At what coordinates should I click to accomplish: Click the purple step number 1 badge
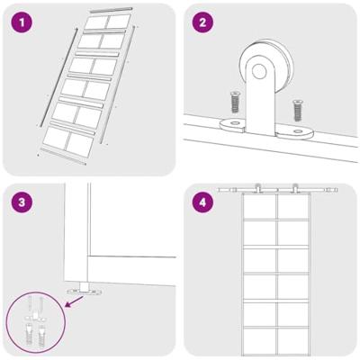click(x=22, y=22)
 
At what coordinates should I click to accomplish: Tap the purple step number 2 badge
click(x=202, y=22)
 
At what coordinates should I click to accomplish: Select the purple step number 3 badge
click(x=22, y=202)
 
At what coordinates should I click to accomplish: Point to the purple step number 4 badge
click(x=202, y=202)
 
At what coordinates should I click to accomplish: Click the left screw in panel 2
click(x=234, y=102)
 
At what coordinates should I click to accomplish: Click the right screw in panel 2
click(x=297, y=111)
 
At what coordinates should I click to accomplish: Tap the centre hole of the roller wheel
click(x=259, y=71)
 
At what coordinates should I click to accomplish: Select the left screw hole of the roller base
click(x=235, y=122)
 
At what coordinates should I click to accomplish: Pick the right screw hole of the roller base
click(x=298, y=131)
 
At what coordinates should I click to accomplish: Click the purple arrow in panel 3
click(x=74, y=301)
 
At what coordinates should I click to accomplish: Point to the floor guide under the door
click(x=85, y=289)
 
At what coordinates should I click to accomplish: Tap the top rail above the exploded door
click(x=111, y=10)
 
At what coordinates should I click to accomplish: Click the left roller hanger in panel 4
click(x=257, y=189)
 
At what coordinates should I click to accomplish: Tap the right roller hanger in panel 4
click(x=295, y=189)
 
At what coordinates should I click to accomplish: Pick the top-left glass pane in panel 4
click(x=259, y=207)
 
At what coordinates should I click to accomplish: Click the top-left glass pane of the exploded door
click(x=96, y=22)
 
